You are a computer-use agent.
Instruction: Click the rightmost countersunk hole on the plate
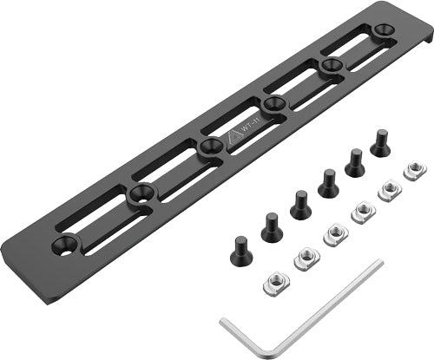tap(383, 31)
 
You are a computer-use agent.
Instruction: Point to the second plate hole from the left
tap(138, 196)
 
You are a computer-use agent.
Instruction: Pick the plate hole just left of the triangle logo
tap(208, 147)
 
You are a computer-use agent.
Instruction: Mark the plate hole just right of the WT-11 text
tap(274, 106)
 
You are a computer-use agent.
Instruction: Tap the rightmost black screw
tap(380, 142)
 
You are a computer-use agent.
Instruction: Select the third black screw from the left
tap(300, 205)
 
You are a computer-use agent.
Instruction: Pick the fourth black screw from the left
tap(327, 183)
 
